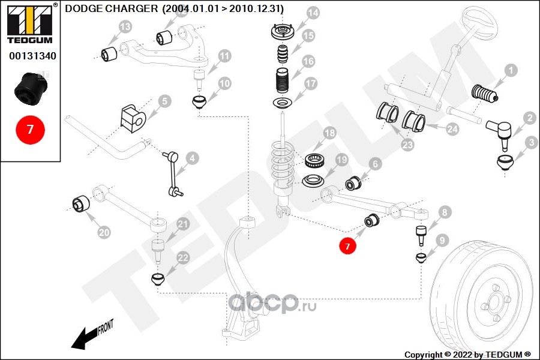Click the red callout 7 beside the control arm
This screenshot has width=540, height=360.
pos(347,245)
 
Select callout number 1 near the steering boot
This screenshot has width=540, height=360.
pos(510,70)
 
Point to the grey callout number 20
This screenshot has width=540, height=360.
pos(104,232)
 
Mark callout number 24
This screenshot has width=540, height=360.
pos(452,128)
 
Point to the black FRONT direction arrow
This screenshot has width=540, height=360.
pos(90,335)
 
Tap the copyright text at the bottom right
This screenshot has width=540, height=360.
pos(467,354)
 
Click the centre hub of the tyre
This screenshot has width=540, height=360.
pos(493,301)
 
